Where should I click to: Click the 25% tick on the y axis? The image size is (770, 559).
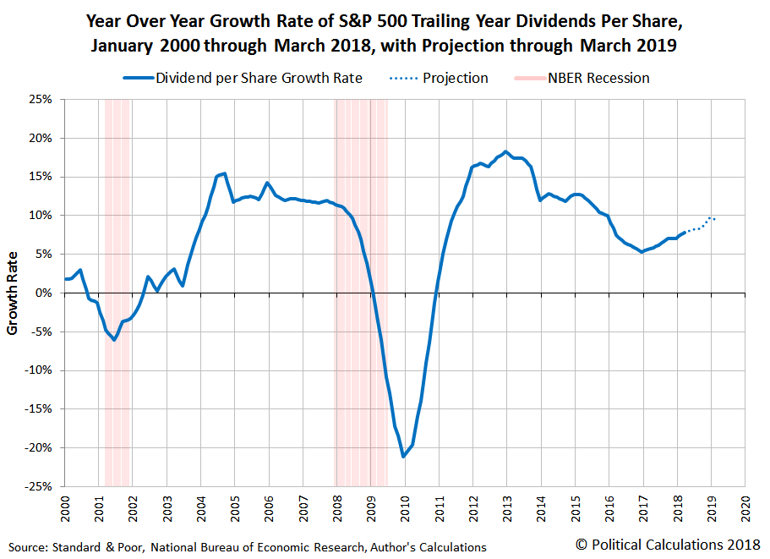coord(41,99)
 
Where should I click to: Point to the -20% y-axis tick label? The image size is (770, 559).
coord(39,447)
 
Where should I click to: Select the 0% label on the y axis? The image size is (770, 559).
coord(45,293)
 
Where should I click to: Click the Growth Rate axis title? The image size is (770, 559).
coord(13,292)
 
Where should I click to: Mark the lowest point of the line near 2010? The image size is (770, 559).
coord(404,457)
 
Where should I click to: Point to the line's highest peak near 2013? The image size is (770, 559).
coord(505,152)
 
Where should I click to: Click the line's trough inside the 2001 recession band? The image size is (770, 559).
coord(114,339)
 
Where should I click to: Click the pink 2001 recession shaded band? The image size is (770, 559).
coord(117,211)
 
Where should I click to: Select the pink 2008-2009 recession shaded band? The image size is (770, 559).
coord(361,211)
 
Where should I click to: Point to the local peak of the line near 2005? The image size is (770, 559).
coord(223,173)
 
